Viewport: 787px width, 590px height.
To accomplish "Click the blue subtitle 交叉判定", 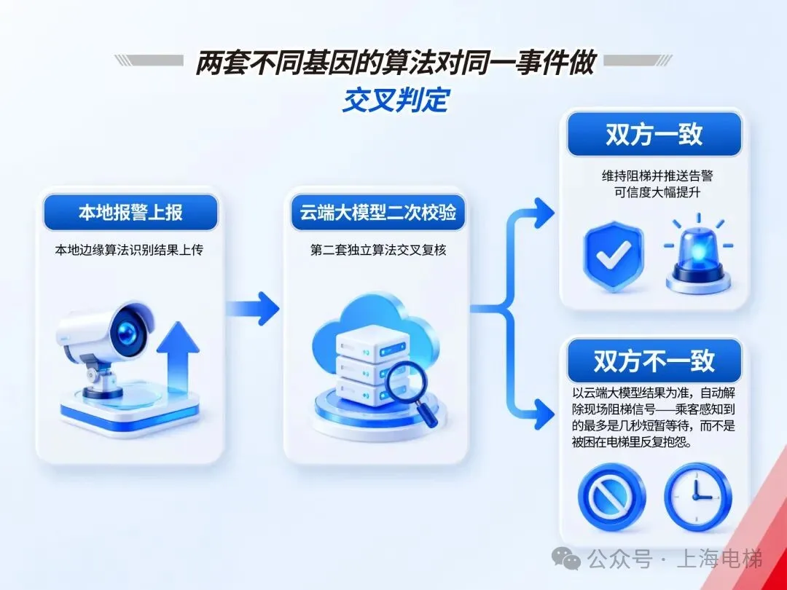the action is [x=396, y=100].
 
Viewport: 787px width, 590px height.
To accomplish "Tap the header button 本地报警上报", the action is [x=130, y=212].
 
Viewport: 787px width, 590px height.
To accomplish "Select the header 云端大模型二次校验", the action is [x=378, y=212].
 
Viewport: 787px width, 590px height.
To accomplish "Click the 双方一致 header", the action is [x=654, y=135].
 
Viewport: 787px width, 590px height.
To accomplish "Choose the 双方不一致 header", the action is [x=654, y=361].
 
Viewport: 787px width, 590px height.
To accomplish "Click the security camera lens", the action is [x=128, y=330].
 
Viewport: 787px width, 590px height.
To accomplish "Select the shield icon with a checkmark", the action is [x=613, y=256].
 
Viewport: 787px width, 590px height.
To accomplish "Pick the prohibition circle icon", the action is [x=611, y=496].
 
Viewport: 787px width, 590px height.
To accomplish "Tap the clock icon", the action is [x=698, y=496].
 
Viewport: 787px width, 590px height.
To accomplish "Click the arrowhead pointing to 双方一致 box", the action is [x=544, y=213].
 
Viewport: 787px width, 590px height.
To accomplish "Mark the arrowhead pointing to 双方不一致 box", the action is [x=544, y=414].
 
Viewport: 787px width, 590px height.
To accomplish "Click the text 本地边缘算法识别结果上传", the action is [x=129, y=250].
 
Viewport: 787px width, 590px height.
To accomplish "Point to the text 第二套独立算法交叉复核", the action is [x=378, y=250].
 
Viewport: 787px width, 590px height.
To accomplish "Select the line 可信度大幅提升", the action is [x=657, y=192].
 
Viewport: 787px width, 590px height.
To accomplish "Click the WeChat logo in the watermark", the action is [x=565, y=558].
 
